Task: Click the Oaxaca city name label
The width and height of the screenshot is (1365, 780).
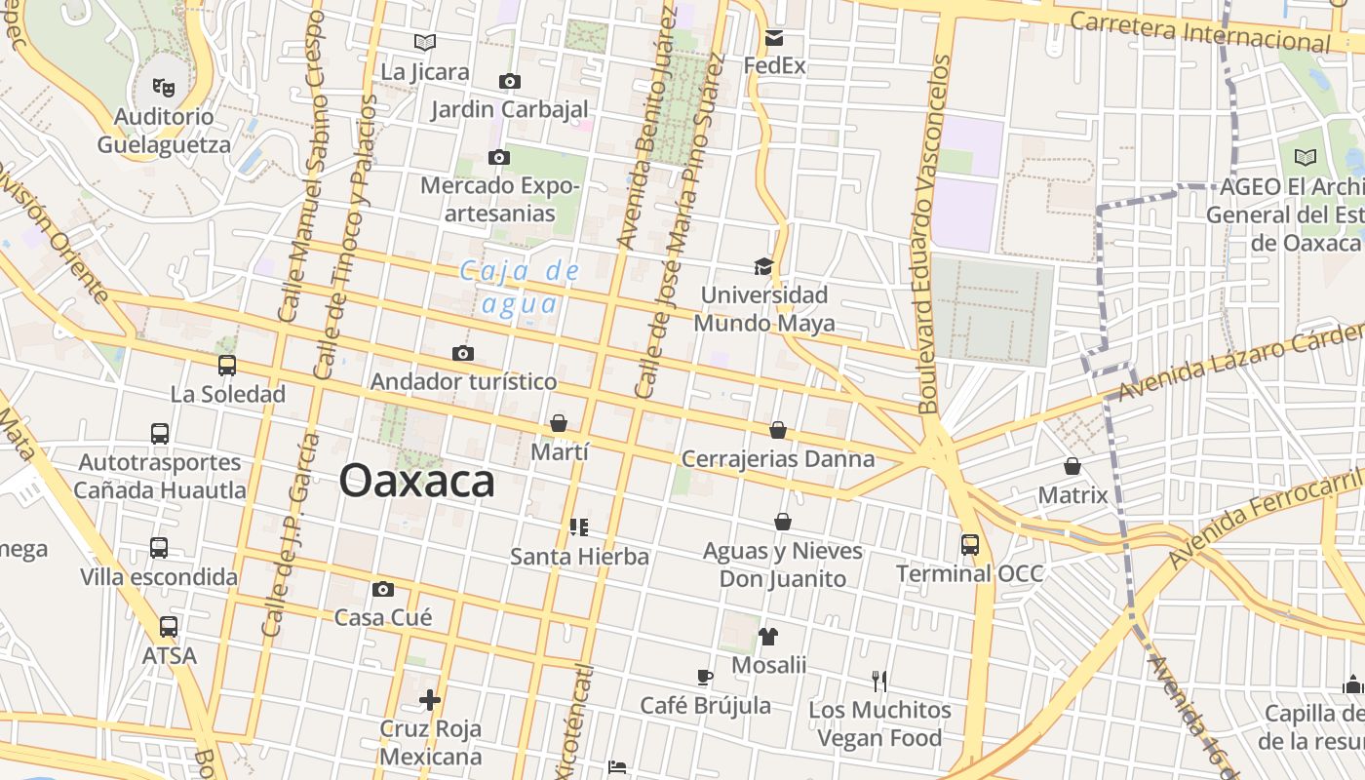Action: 417,482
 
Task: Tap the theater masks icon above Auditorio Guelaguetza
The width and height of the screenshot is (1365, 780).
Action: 164,87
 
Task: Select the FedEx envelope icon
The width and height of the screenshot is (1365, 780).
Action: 774,38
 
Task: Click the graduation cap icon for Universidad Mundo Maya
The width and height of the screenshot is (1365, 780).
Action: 763,266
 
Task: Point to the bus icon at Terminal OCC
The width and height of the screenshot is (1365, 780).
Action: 969,544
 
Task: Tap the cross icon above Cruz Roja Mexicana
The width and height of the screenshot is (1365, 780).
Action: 430,700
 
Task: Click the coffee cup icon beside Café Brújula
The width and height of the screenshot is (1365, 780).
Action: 705,677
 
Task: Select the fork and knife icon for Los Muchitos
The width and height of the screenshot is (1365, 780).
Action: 879,681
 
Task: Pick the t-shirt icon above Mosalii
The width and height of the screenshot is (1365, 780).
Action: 768,637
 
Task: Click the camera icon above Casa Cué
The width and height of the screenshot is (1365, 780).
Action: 383,589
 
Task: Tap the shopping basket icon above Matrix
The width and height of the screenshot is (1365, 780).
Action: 1072,466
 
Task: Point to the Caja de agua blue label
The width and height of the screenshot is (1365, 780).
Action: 521,288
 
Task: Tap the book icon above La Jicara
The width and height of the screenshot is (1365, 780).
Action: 424,42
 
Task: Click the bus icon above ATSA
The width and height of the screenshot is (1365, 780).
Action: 169,626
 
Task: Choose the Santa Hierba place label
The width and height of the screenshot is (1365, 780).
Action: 580,557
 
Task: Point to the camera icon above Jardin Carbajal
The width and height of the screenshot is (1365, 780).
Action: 509,81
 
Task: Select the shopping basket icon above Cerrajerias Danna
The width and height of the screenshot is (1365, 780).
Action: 778,430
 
